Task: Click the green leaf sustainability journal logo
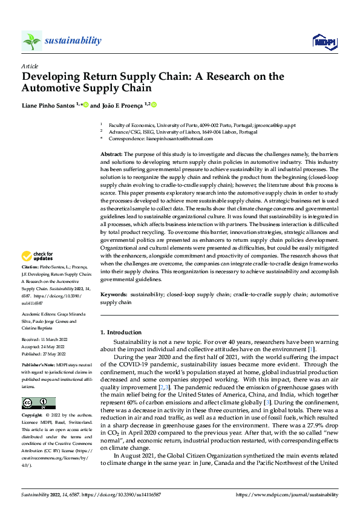pyautogui.click(x=32, y=41)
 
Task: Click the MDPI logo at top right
pyautogui.click(x=324, y=41)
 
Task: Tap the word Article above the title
pyautogui.click(x=30, y=65)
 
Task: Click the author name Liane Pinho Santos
pyautogui.click(x=49, y=105)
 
